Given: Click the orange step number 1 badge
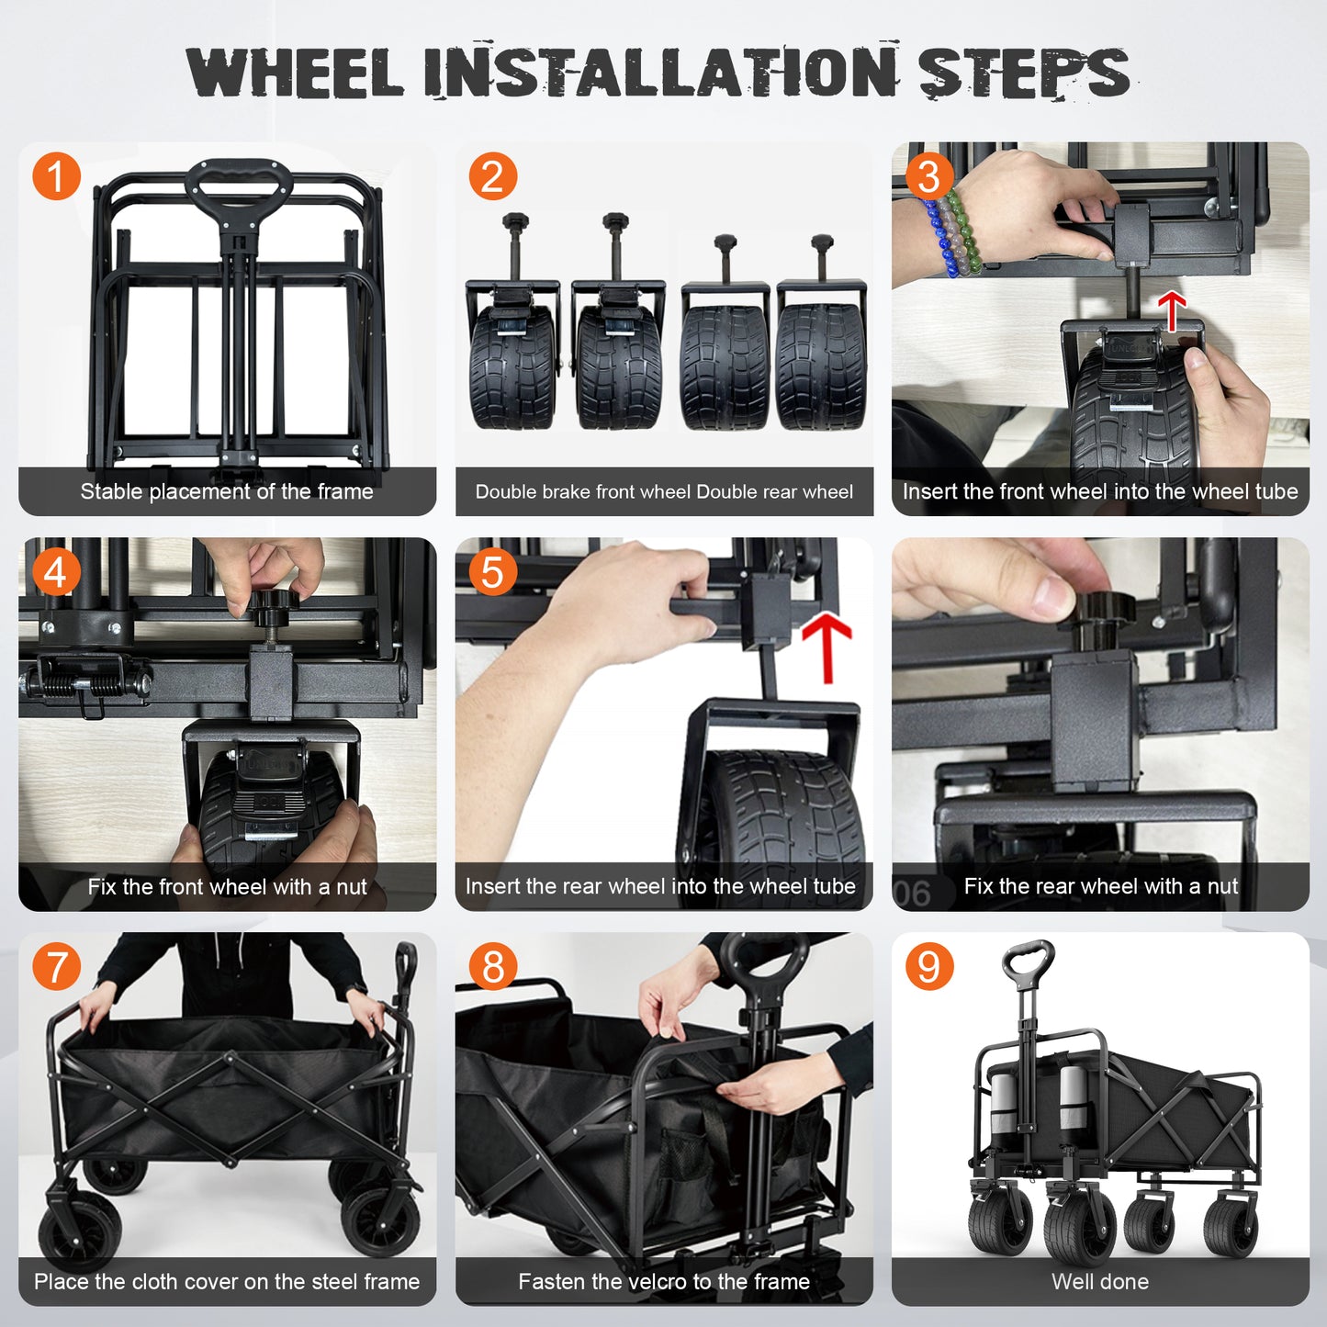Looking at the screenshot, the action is (56, 176).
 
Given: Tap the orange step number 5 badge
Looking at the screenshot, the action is (492, 571).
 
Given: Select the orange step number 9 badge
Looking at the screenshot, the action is (929, 966).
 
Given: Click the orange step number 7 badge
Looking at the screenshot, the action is (56, 966).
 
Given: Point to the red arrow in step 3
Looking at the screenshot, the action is (1172, 310).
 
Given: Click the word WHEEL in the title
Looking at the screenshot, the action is (294, 73).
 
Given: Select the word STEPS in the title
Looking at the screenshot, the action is (1024, 72).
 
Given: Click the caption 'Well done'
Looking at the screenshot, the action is (1100, 1282).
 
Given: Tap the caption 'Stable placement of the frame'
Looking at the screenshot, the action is (227, 491).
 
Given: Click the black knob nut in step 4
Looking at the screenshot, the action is (273, 602).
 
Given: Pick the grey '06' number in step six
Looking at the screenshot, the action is (912, 894).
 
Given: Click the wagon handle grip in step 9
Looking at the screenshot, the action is (1029, 959).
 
